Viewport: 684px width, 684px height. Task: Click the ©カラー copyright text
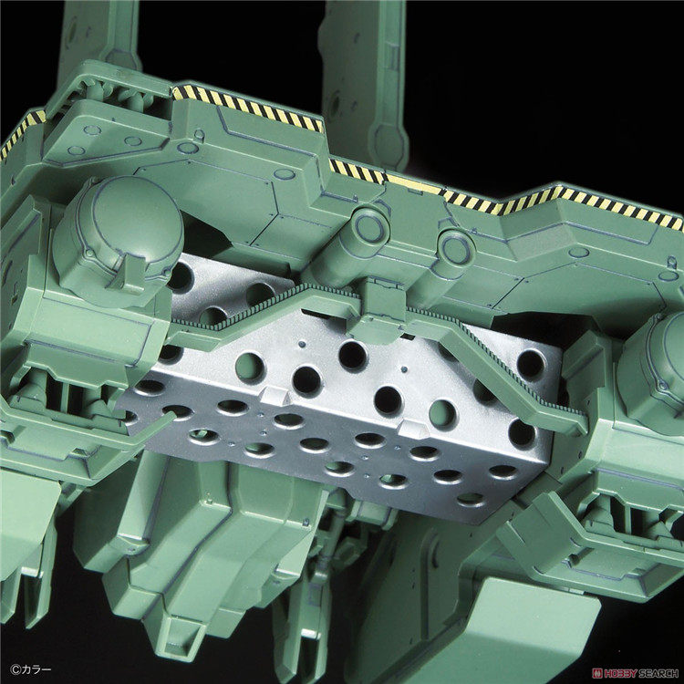[30, 669]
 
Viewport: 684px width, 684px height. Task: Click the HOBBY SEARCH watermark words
[643, 673]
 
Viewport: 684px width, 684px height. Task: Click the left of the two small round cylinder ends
[368, 227]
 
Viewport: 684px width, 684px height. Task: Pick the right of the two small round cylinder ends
[456, 249]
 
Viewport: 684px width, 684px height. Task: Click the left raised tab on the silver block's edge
[274, 395]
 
